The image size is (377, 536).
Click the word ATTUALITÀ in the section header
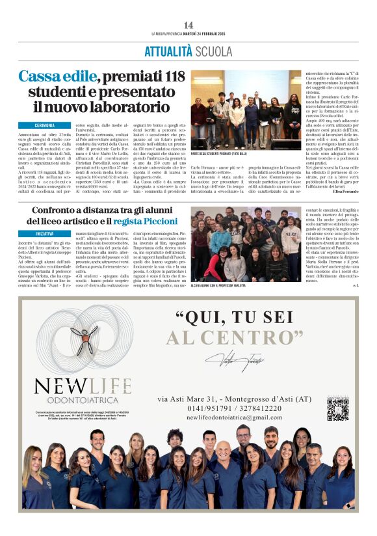coord(168,51)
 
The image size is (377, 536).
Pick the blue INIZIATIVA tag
coord(45,233)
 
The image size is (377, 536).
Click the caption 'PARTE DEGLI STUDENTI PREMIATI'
coord(219,154)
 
